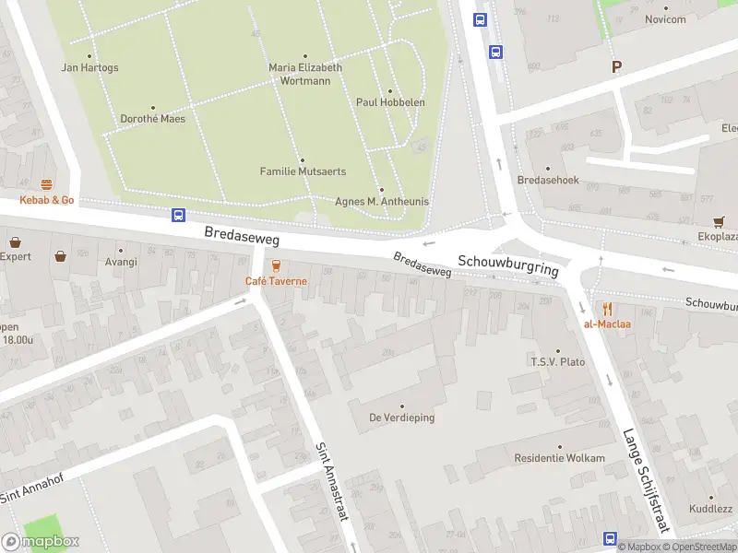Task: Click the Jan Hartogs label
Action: tap(89, 67)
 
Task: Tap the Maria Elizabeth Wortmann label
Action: tap(305, 74)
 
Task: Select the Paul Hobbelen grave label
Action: tap(390, 102)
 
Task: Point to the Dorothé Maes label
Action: tap(152, 119)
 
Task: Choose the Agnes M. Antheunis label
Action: tap(382, 201)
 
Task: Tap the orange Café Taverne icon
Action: tap(276, 265)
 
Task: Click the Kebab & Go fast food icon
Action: tap(46, 185)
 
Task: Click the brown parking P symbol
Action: tap(616, 66)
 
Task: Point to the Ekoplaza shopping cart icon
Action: tap(719, 221)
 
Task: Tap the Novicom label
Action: tap(665, 19)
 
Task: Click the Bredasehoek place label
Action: tap(548, 180)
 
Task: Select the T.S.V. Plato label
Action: tap(557, 362)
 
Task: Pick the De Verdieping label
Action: tap(402, 418)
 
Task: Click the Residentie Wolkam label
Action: tap(560, 458)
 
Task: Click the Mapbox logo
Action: tap(40, 542)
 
